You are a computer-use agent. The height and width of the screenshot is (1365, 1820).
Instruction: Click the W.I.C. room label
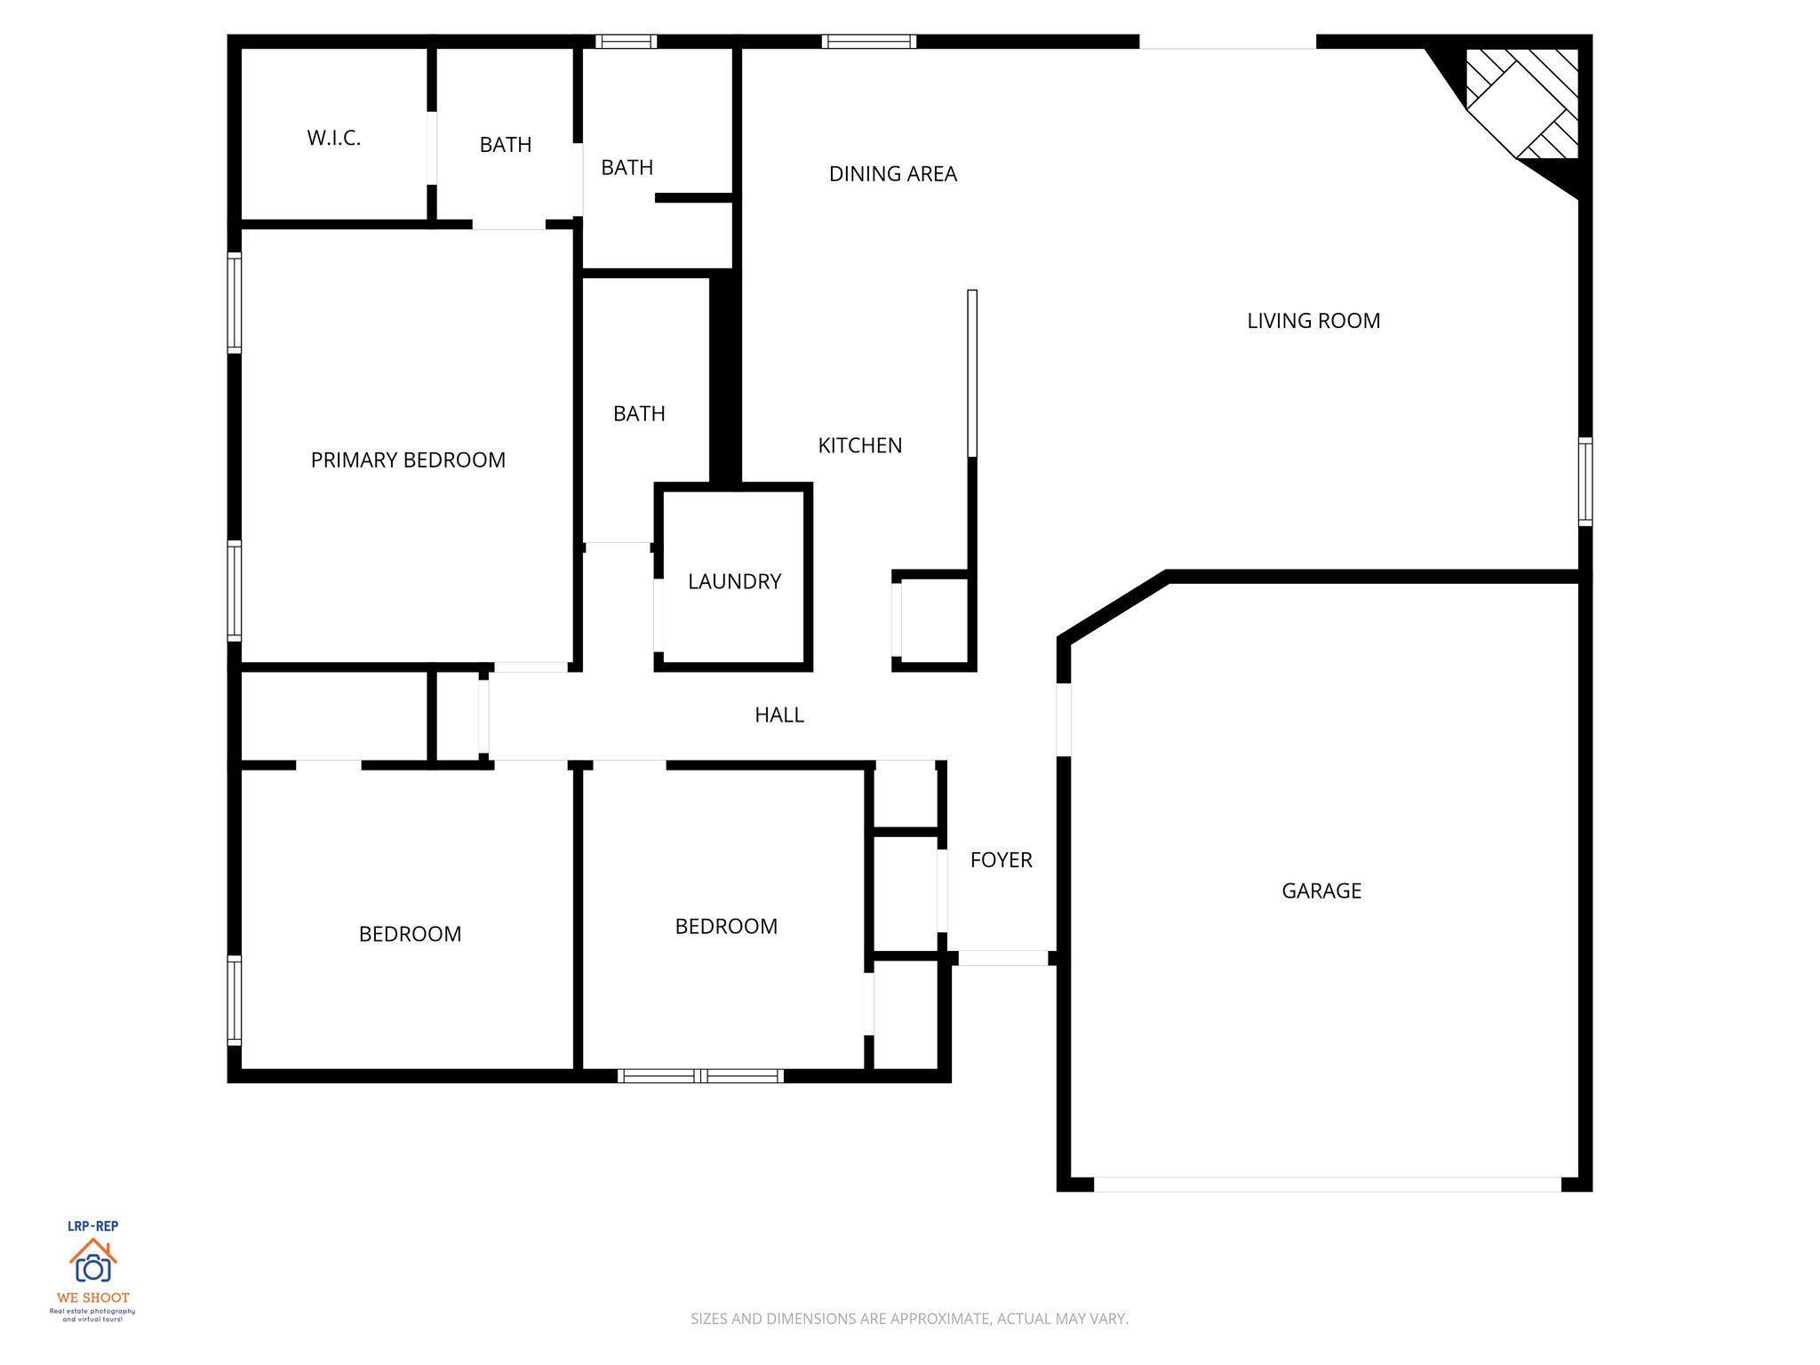coord(333,139)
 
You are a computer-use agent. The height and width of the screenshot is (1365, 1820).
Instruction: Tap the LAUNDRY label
coord(734,582)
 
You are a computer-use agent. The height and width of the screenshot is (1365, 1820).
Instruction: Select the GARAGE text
coord(1321,891)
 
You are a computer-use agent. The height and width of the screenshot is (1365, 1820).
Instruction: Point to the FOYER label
coord(1001,860)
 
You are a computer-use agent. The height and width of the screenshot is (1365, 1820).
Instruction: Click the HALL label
coord(778,715)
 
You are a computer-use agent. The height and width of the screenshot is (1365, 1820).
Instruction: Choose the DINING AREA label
coord(892,174)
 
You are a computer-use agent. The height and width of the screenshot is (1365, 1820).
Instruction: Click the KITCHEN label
coord(859,446)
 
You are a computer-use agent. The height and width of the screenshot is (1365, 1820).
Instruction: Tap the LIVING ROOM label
coord(1313,322)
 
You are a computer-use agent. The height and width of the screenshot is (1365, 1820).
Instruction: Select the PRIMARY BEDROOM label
coord(408,460)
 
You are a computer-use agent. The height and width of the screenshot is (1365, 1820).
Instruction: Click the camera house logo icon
coord(92,1262)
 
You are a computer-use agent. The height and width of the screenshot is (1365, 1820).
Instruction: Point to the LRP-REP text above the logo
coord(92,1226)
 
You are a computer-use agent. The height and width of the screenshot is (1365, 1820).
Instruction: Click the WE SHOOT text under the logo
coord(92,1298)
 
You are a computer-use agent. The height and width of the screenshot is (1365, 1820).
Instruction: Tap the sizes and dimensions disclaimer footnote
coord(909,1319)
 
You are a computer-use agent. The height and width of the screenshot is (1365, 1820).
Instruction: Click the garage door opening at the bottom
coord(1326,1185)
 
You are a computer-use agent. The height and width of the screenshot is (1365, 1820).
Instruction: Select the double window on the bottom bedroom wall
coord(700,1076)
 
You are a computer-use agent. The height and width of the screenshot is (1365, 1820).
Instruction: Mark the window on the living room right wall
coord(1585,482)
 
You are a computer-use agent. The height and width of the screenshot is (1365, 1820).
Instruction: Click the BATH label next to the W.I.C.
coord(505,145)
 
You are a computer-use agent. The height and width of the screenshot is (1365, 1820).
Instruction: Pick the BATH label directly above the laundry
coord(639,414)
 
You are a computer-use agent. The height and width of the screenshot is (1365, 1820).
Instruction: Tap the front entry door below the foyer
coord(1002,958)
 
